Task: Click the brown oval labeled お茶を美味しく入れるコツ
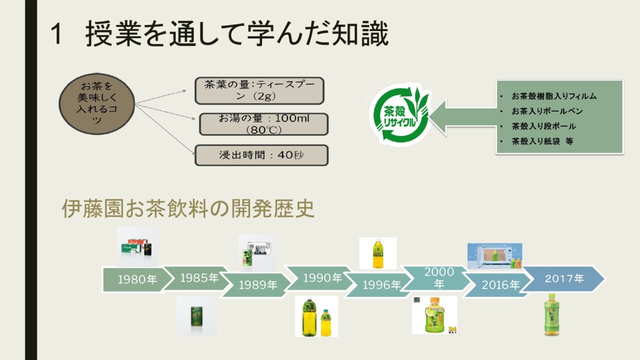coord(97,103)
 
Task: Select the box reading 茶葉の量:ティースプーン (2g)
coord(259,90)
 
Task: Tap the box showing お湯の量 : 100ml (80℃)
coord(263,124)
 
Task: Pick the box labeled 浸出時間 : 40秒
coord(261,155)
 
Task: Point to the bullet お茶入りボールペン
coord(547,111)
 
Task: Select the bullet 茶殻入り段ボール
coord(543,126)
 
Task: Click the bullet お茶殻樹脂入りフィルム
coord(554,96)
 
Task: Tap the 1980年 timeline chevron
coord(136,280)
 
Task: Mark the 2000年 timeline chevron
coord(438,278)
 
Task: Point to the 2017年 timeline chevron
coord(564,279)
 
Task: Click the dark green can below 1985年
coord(196,316)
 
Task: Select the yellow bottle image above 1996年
coord(377,253)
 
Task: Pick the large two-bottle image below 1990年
coord(316,316)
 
